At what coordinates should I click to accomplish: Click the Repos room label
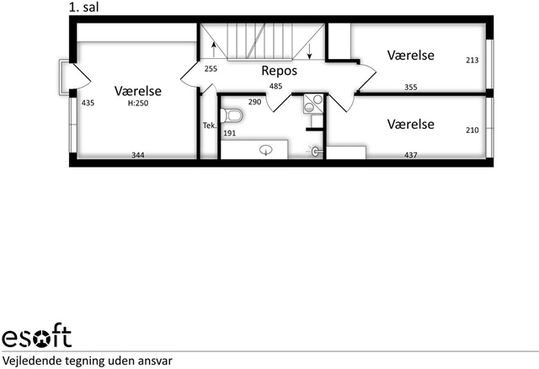pos(279,71)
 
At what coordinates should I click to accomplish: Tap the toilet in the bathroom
pos(232,115)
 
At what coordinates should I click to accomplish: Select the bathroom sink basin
pos(266,150)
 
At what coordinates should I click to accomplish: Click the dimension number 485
pos(275,86)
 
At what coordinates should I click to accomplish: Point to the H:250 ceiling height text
pos(138,103)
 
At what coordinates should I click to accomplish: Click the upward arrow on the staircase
pos(214,50)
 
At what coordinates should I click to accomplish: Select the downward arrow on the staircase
pos(309,51)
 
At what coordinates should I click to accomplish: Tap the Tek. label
pos(210,126)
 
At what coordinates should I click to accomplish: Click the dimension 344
pos(138,155)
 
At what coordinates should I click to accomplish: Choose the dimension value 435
pos(88,103)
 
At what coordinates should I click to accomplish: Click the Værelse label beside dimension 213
pos(411,56)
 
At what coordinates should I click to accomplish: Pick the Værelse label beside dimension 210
pos(411,124)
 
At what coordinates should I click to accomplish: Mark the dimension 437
pos(411,155)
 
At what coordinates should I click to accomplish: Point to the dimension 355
pos(411,88)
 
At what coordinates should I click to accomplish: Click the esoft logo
pos(37,335)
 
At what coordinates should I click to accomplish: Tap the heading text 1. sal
pos(84,8)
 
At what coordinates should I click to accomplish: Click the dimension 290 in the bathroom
pos(254,102)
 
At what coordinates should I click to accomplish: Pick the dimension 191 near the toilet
pos(230,133)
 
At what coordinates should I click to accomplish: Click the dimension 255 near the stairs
pos(211,69)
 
